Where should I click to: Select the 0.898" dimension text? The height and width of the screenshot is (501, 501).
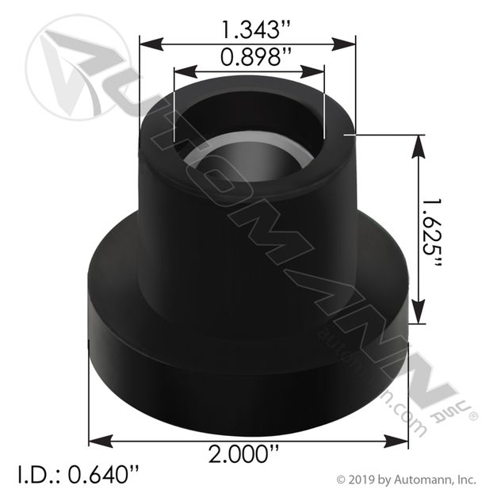coord(248,57)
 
